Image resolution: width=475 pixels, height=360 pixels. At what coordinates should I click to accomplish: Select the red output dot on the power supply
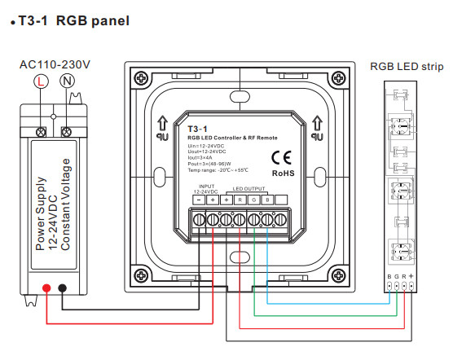coord(47,288)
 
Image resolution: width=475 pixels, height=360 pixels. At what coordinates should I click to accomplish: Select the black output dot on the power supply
coord(64,288)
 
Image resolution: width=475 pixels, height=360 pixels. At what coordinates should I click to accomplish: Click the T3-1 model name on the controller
coord(198,129)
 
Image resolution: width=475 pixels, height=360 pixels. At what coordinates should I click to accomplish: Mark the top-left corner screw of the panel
coord(141,78)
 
